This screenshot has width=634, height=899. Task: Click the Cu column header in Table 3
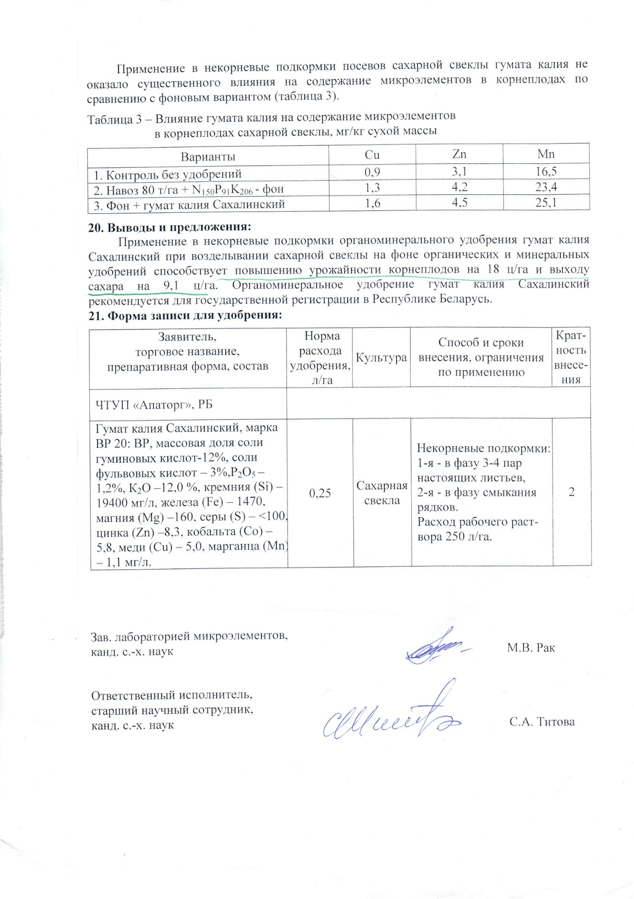(x=372, y=155)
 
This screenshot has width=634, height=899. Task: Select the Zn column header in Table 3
(x=459, y=154)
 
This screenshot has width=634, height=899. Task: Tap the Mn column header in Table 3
(x=546, y=154)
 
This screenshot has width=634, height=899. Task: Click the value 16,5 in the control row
(x=546, y=171)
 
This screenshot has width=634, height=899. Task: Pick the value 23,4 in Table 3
(x=546, y=187)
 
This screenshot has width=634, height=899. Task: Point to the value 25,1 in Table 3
(x=546, y=202)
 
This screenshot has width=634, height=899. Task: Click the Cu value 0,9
(x=372, y=172)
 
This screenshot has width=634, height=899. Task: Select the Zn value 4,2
(x=459, y=187)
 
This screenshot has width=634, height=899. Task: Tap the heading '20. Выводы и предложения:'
(x=169, y=227)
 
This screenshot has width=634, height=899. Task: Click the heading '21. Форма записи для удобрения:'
(x=185, y=315)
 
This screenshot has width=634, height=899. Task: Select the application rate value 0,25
(x=320, y=493)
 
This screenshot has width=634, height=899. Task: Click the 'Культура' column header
(x=381, y=358)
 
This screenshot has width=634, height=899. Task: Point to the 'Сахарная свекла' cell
(x=382, y=493)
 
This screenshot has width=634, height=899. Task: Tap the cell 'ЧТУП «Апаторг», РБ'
(x=154, y=405)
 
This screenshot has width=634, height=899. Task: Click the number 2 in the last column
(x=571, y=492)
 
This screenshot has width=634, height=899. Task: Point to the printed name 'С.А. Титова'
(x=542, y=722)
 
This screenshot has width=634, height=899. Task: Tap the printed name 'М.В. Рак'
(x=531, y=648)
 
